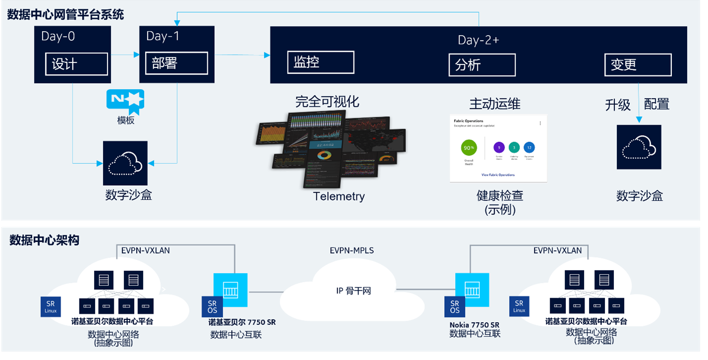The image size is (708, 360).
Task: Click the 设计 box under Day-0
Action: pyautogui.click(x=76, y=64)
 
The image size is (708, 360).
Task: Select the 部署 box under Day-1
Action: pyautogui.click(x=176, y=63)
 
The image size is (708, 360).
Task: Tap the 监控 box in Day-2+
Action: pyautogui.click(x=320, y=62)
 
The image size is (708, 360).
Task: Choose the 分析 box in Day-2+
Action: pyautogui.click(x=482, y=65)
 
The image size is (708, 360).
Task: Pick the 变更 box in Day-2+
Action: pyautogui.click(x=638, y=65)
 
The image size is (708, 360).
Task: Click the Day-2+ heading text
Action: pyautogui.click(x=478, y=40)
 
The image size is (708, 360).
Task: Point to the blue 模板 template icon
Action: pyautogui.click(x=125, y=99)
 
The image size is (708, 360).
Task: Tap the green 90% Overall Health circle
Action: pyautogui.click(x=468, y=148)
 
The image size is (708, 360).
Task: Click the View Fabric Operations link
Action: pyautogui.click(x=498, y=175)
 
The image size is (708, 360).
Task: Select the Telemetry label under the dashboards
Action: pyautogui.click(x=339, y=196)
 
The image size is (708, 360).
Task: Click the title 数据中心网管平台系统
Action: pyautogui.click(x=65, y=14)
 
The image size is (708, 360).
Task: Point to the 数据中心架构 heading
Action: pyautogui.click(x=44, y=241)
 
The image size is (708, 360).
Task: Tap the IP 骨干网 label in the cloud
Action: pyautogui.click(x=354, y=291)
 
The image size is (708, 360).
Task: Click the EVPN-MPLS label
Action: pyautogui.click(x=352, y=251)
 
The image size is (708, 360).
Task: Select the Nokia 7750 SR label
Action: pyautogui.click(x=474, y=325)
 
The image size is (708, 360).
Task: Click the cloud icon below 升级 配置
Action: pyautogui.click(x=639, y=147)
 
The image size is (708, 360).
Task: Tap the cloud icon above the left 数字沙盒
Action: pyautogui.click(x=125, y=163)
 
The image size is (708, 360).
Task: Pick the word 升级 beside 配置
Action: pyautogui.click(x=617, y=104)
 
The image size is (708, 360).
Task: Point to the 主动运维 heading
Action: pyautogui.click(x=495, y=103)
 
